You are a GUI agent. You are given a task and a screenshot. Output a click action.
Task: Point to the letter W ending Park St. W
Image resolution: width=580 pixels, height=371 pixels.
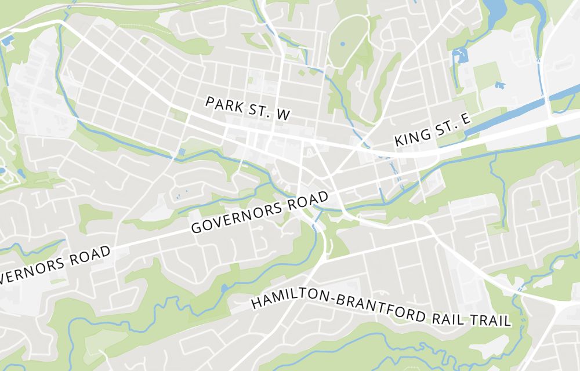coord(282,115)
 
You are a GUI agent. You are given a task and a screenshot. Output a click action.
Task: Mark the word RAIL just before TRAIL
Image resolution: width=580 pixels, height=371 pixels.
coord(448,317)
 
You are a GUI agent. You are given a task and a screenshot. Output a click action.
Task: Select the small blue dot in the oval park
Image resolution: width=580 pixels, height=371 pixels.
coord(342,44)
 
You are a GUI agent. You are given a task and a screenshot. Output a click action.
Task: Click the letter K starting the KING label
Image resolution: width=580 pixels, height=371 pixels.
coord(399,141)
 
